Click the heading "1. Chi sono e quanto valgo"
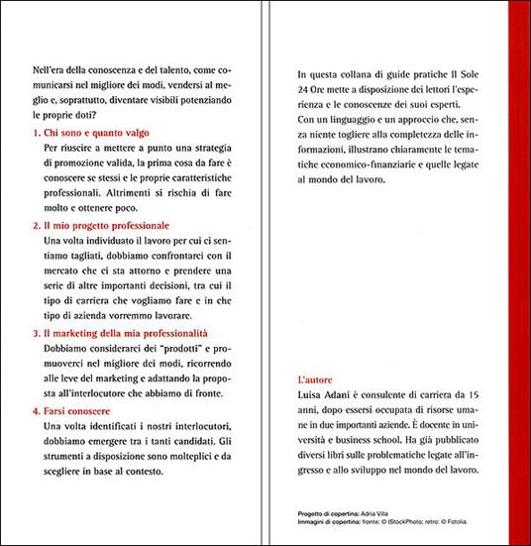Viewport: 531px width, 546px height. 86,132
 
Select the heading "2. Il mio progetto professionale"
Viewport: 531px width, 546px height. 100,227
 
